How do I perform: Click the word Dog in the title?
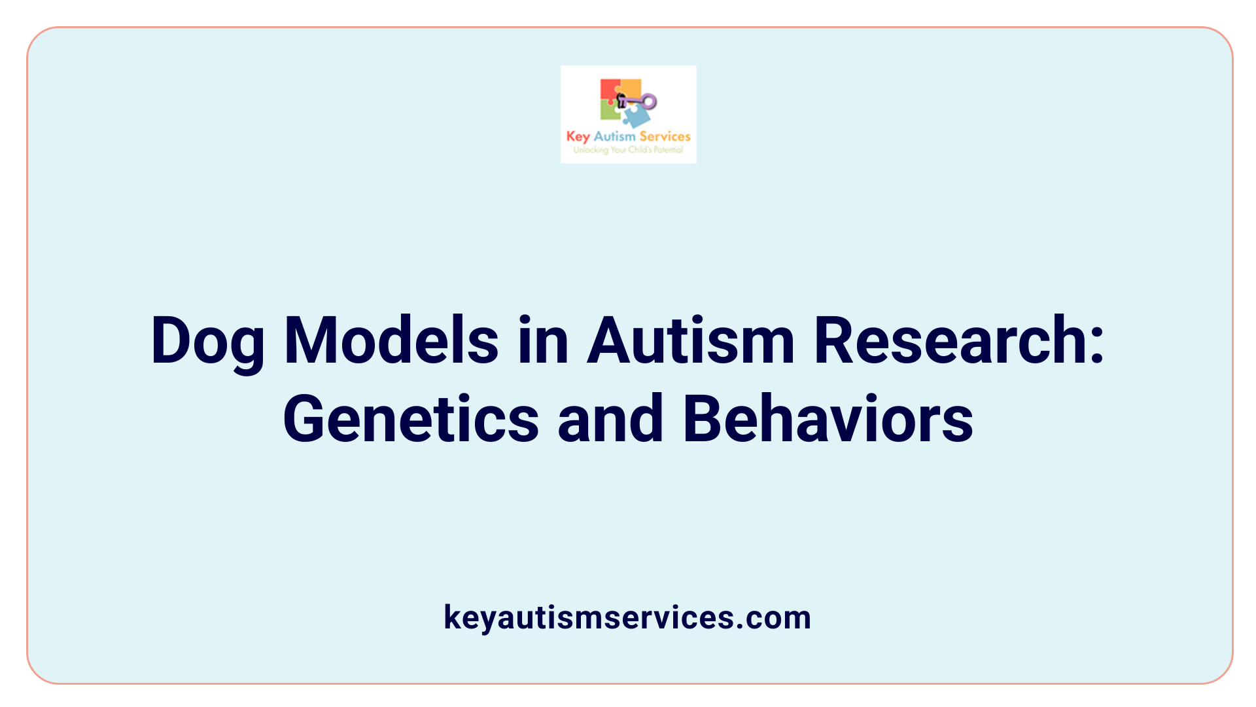tap(207, 342)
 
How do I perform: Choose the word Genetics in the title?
tap(411, 419)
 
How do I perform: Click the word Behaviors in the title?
tap(828, 419)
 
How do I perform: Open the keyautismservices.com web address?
tap(627, 617)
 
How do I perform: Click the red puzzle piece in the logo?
tap(610, 90)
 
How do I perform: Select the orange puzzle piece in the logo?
tap(631, 88)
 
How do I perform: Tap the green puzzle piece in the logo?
tap(610, 111)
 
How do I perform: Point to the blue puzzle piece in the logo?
tap(636, 117)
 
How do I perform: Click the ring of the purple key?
tap(649, 101)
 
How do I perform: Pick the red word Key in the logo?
tap(578, 137)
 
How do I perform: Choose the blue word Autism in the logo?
tap(614, 136)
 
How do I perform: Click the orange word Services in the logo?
tap(665, 136)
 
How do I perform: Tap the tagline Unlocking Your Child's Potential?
tap(628, 150)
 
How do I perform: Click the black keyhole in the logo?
tap(621, 100)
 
